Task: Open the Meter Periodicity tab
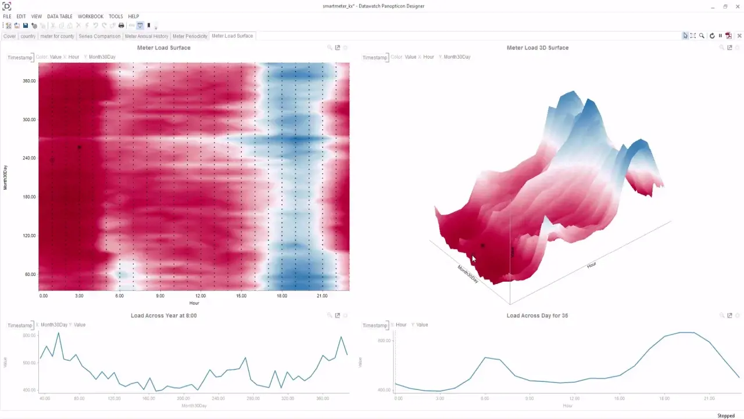point(190,36)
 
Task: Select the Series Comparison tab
point(99,36)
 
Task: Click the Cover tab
point(9,36)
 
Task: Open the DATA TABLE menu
point(60,16)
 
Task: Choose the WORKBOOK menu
point(91,16)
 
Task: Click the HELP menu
point(134,16)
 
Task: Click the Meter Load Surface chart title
point(163,48)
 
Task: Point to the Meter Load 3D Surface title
point(538,48)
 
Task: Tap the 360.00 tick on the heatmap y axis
point(29,81)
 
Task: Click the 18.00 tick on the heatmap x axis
point(282,296)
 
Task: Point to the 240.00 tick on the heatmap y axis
point(29,158)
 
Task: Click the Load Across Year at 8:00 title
point(163,315)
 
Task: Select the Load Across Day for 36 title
point(537,315)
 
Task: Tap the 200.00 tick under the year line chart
point(184,399)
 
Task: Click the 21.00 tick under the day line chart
point(709,399)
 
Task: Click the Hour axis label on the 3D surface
point(592,265)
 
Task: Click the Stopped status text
point(726,416)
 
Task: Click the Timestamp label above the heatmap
point(19,58)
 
